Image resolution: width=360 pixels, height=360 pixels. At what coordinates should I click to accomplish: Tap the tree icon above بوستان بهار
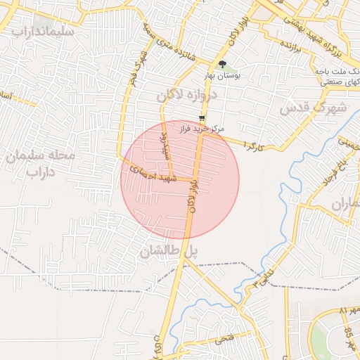(x=223, y=65)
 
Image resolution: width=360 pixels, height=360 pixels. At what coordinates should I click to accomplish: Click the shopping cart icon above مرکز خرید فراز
(x=202, y=118)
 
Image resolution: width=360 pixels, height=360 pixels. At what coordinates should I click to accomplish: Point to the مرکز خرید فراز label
(x=201, y=129)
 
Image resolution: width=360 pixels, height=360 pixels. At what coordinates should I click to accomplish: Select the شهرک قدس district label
(x=314, y=108)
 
